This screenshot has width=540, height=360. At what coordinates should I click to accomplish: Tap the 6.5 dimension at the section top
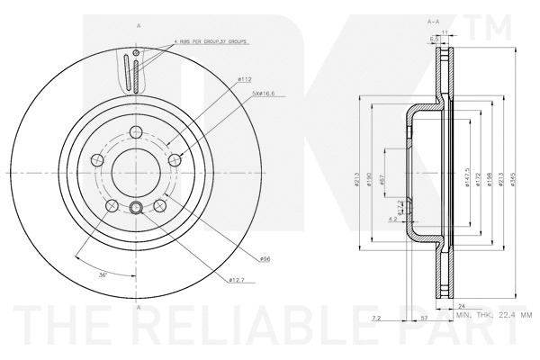coord(435,39)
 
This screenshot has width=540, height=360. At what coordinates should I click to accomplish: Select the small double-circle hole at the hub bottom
coord(137,210)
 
